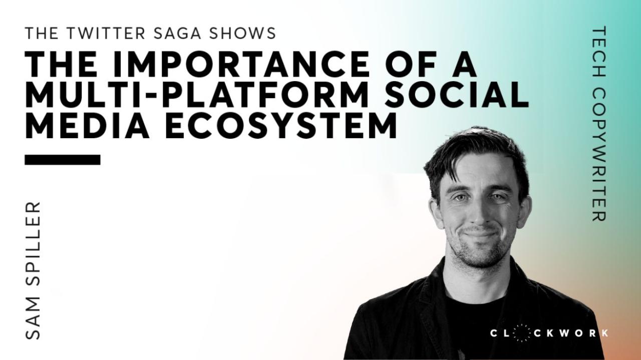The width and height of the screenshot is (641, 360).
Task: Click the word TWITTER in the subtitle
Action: pyautogui.click(x=105, y=33)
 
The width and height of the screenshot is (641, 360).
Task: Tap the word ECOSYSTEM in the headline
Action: pyautogui.click(x=281, y=126)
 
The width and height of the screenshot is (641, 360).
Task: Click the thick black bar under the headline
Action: pyautogui.click(x=63, y=160)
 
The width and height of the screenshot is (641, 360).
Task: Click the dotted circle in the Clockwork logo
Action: pyautogui.click(x=522, y=333)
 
